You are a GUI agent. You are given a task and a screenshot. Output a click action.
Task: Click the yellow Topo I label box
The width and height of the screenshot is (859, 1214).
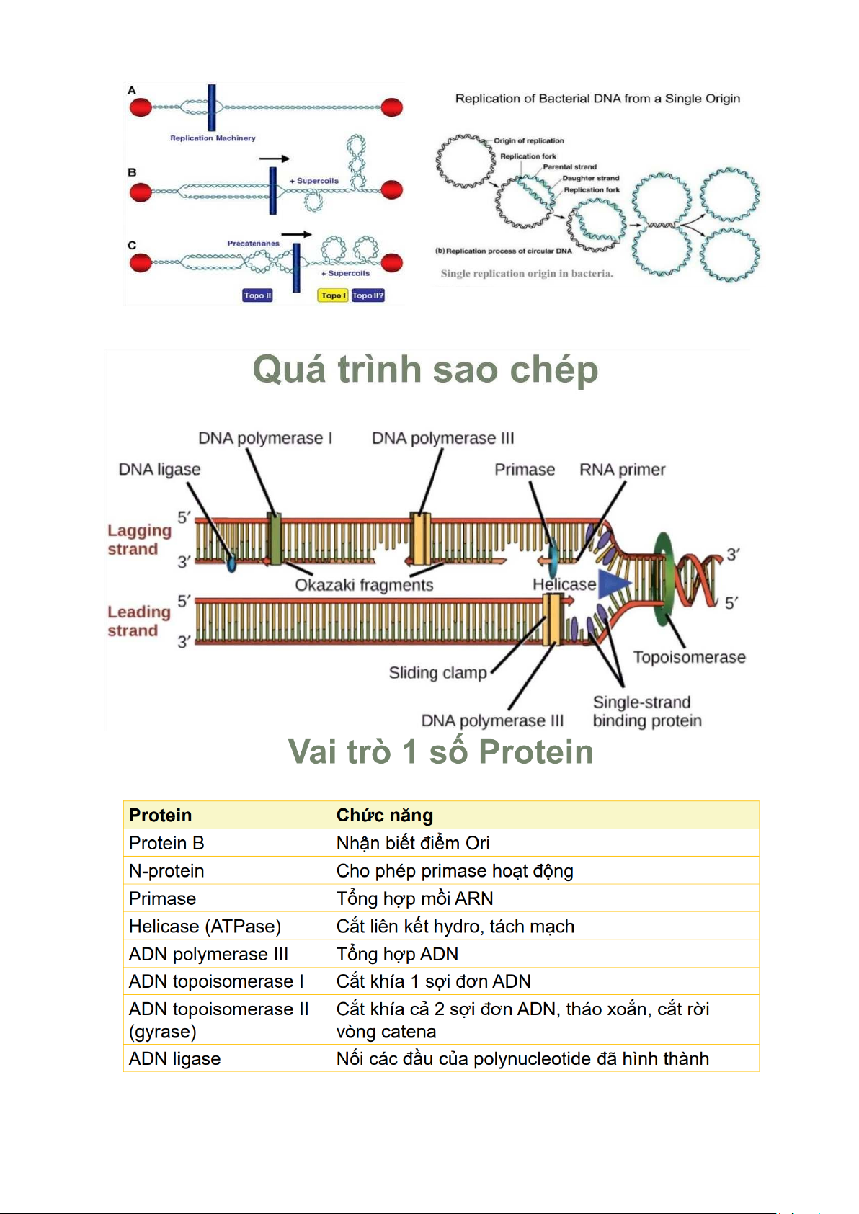tap(333, 295)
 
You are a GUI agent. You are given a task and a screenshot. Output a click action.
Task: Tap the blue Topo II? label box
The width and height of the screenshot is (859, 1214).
tap(368, 295)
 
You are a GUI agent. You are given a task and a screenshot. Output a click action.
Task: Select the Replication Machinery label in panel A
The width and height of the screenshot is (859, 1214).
tap(213, 138)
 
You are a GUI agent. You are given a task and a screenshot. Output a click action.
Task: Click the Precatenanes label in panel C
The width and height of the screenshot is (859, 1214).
tap(253, 244)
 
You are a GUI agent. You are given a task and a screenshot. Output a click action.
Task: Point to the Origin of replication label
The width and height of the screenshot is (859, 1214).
tap(528, 141)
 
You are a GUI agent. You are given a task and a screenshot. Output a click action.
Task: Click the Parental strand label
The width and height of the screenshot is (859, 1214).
tap(569, 167)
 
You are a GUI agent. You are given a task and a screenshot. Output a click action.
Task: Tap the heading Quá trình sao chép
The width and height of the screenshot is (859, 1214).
tap(425, 370)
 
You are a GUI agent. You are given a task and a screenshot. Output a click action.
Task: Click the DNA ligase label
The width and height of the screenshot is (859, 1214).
tap(159, 470)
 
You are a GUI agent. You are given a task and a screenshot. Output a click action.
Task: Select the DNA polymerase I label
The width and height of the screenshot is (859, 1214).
tap(264, 438)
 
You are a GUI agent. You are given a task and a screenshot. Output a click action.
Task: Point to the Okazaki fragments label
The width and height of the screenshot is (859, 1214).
tap(364, 585)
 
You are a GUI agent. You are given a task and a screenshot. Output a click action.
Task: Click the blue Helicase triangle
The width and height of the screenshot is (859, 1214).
tap(613, 584)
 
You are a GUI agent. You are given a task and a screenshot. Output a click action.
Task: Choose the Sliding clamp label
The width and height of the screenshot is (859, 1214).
tap(437, 673)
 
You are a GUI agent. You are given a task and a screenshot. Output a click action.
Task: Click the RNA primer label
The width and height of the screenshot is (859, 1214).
tap(622, 470)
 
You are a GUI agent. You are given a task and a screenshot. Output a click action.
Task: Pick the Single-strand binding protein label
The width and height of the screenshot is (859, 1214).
tap(646, 711)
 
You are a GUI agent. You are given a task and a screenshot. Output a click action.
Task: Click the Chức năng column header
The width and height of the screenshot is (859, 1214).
tap(384, 816)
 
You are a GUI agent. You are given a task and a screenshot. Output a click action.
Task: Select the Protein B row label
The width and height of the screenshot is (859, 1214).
tap(166, 843)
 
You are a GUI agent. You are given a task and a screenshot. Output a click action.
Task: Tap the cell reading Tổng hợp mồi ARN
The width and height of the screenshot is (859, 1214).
tap(414, 898)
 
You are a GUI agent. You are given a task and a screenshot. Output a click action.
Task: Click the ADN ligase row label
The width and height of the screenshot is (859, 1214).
tap(174, 1059)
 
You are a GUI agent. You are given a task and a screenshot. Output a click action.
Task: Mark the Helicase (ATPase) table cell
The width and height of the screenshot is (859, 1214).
tap(205, 927)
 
